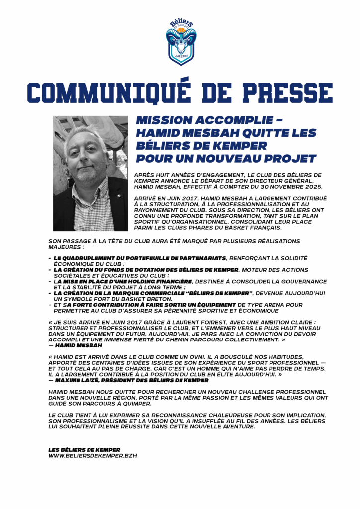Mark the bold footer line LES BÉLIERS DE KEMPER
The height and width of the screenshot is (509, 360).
pos(84,450)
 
